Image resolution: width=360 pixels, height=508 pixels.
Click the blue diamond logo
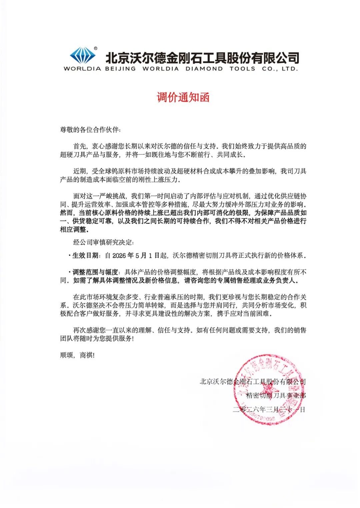(x=82, y=55)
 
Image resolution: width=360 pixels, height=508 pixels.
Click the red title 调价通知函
(x=183, y=97)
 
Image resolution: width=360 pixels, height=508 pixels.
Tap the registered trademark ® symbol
(x=96, y=49)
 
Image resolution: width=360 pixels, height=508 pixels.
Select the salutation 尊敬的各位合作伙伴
(x=88, y=130)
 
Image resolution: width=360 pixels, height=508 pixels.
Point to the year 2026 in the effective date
(x=119, y=255)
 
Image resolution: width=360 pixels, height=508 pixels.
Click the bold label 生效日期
(x=85, y=255)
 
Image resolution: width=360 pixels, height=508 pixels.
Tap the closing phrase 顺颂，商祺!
(x=77, y=355)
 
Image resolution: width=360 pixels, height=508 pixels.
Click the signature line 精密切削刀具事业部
(x=276, y=395)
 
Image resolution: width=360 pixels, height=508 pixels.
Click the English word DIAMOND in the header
(x=204, y=69)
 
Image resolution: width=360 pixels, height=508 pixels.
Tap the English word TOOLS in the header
(x=242, y=69)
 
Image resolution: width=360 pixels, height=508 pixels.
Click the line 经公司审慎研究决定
(x=103, y=242)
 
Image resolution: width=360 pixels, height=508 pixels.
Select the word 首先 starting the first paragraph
(x=80, y=146)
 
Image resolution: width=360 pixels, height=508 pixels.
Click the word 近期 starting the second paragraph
(x=80, y=171)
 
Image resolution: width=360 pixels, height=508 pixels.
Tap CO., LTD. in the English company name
(x=280, y=69)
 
